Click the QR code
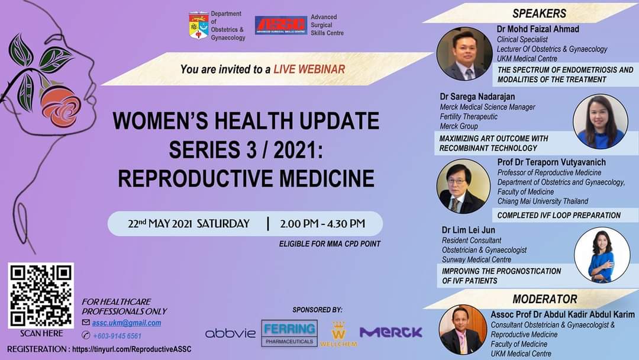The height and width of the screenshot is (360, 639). [41, 295]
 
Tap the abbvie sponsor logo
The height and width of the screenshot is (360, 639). [230, 333]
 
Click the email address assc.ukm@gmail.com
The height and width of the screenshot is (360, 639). [126, 323]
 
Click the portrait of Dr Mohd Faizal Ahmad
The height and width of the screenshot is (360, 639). [464, 54]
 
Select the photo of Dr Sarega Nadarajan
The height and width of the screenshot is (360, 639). [600, 121]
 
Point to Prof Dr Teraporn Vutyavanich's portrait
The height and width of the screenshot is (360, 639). [463, 187]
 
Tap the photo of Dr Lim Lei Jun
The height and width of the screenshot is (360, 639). [602, 255]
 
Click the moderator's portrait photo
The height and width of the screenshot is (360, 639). [463, 329]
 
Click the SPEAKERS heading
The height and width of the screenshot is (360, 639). [538, 14]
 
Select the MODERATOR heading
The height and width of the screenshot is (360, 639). [544, 299]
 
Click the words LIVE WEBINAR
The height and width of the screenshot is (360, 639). [309, 69]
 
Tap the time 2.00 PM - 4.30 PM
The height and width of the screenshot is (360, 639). [322, 224]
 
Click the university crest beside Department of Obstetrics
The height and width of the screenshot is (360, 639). [198, 25]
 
